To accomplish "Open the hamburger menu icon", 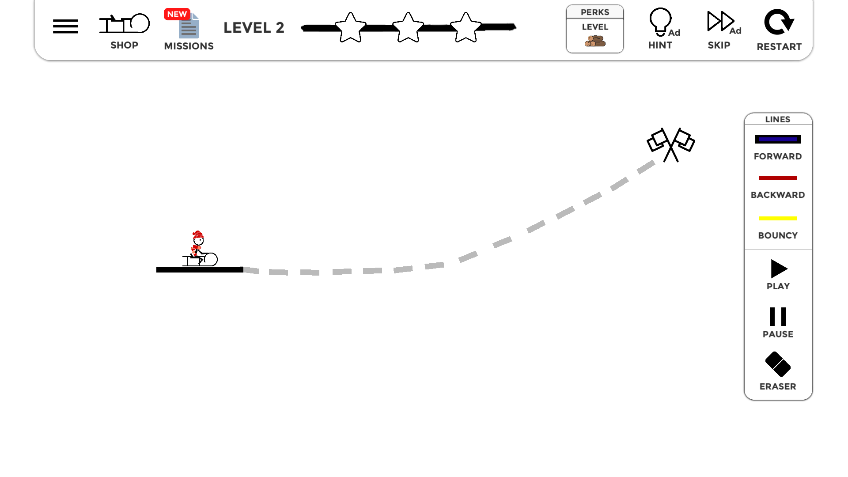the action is click(65, 26).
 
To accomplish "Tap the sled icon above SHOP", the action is click(125, 23).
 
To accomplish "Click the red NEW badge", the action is click(177, 14).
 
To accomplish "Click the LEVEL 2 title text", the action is click(254, 28).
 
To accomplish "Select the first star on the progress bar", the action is click(351, 27).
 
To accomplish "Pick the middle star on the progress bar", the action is click(408, 27).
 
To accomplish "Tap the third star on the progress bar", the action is click(466, 27).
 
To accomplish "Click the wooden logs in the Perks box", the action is click(595, 41).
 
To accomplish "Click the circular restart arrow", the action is click(779, 22).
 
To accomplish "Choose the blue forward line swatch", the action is click(778, 140).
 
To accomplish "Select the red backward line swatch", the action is click(778, 178).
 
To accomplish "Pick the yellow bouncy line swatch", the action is click(778, 219).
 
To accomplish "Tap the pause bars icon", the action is click(778, 317).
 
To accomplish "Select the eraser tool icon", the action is click(778, 364).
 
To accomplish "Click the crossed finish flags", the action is click(671, 145).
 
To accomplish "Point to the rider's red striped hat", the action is click(198, 235).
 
